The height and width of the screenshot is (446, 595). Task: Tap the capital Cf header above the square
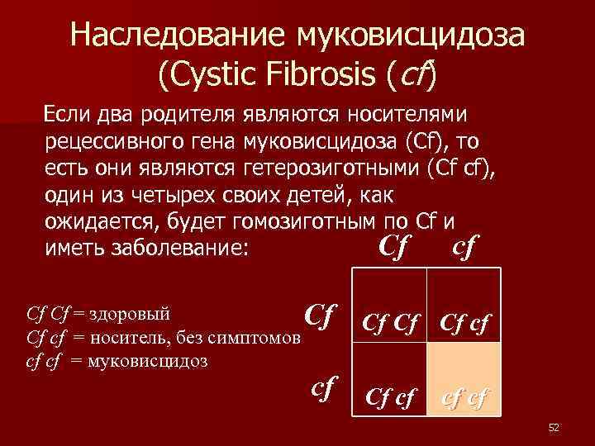click(x=395, y=245)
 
